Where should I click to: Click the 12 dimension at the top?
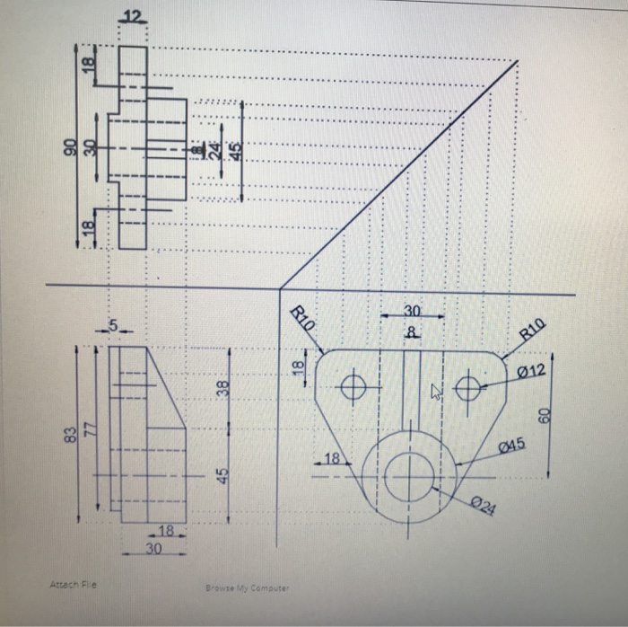(132, 19)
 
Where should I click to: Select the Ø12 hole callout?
(531, 371)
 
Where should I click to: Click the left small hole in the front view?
(353, 387)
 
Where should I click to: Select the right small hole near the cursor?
(467, 388)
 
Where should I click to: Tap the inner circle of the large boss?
(408, 472)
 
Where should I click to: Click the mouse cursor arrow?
(436, 391)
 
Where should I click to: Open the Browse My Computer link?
(246, 589)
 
